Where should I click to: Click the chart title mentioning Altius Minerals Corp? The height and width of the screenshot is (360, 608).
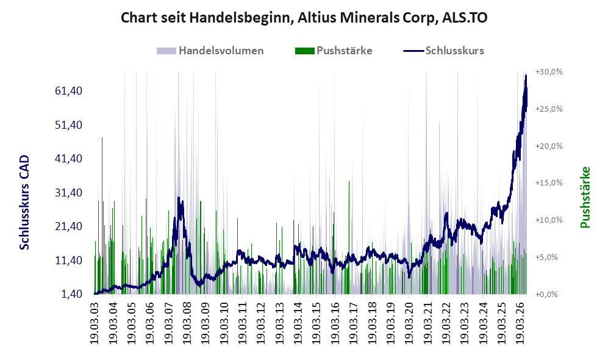(304, 18)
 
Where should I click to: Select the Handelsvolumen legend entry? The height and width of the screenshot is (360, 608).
(210, 51)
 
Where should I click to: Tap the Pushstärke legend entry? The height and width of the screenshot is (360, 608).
(334, 51)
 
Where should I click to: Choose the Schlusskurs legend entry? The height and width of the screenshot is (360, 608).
(443, 51)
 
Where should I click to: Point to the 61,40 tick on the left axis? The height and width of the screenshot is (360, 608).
(69, 91)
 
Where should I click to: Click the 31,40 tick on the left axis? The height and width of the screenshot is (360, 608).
(69, 192)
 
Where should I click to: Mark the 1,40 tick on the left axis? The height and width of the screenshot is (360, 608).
(72, 294)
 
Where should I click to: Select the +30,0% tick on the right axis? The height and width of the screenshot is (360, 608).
(549, 72)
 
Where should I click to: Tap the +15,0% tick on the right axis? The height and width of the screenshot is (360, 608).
(549, 182)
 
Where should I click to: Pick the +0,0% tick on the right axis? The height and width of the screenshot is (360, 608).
(546, 295)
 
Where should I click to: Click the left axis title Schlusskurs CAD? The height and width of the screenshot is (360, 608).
(24, 203)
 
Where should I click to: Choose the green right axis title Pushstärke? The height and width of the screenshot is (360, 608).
(585, 197)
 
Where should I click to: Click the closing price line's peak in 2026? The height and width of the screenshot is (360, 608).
(526, 75)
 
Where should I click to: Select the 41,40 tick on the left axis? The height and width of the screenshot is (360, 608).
(69, 158)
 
